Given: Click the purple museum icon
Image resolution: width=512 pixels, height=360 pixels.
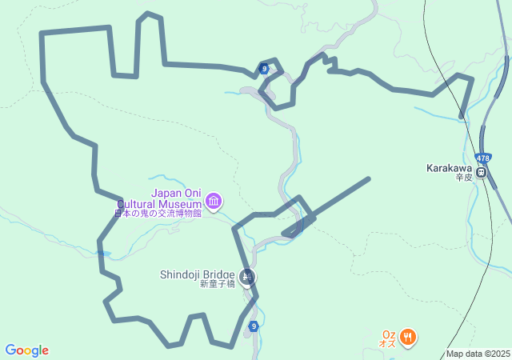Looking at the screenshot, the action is [x=214, y=201].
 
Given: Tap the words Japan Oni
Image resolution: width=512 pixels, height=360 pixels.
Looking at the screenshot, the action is [x=177, y=193].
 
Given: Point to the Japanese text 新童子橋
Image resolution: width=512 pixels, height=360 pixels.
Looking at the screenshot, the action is [x=217, y=284].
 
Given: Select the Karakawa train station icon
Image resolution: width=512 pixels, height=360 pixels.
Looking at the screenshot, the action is [x=482, y=171].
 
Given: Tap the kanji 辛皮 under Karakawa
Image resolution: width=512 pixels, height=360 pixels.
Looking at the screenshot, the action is [x=465, y=178].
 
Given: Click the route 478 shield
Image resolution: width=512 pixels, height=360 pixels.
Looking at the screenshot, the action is [x=482, y=158].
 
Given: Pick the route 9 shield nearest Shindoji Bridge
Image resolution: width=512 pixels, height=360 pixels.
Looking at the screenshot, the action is [x=253, y=326].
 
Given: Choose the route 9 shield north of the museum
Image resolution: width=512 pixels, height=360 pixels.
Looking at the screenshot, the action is [x=263, y=69].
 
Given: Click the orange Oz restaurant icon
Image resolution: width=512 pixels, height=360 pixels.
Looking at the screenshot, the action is [x=407, y=337].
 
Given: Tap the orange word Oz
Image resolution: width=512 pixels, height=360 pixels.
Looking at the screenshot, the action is [x=389, y=335].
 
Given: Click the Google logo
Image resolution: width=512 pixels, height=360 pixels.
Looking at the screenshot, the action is [x=26, y=350].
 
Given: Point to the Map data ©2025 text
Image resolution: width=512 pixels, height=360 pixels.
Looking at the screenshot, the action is [x=478, y=354].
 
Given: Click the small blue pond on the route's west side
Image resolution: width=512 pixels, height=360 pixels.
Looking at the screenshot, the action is [x=102, y=254].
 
